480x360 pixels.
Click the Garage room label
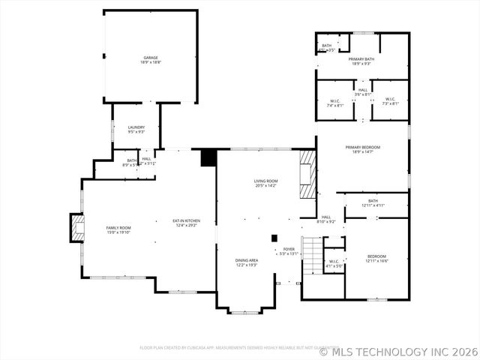point(151,59)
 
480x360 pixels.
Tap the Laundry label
point(136,130)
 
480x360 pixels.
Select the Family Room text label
point(118,229)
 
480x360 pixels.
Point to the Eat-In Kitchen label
point(185,223)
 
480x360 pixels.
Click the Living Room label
point(265,183)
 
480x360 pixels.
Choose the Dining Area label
point(247,262)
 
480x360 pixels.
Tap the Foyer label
point(289,251)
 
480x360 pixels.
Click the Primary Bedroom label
point(362,149)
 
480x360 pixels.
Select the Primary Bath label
point(361,61)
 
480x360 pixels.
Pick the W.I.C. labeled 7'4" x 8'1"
point(335,103)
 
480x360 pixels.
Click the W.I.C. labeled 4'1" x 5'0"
point(334,264)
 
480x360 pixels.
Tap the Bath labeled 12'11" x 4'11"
point(373,202)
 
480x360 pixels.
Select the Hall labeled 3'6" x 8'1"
point(362,92)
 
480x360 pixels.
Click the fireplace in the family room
point(76,228)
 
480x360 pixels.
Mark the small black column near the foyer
point(274,238)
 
